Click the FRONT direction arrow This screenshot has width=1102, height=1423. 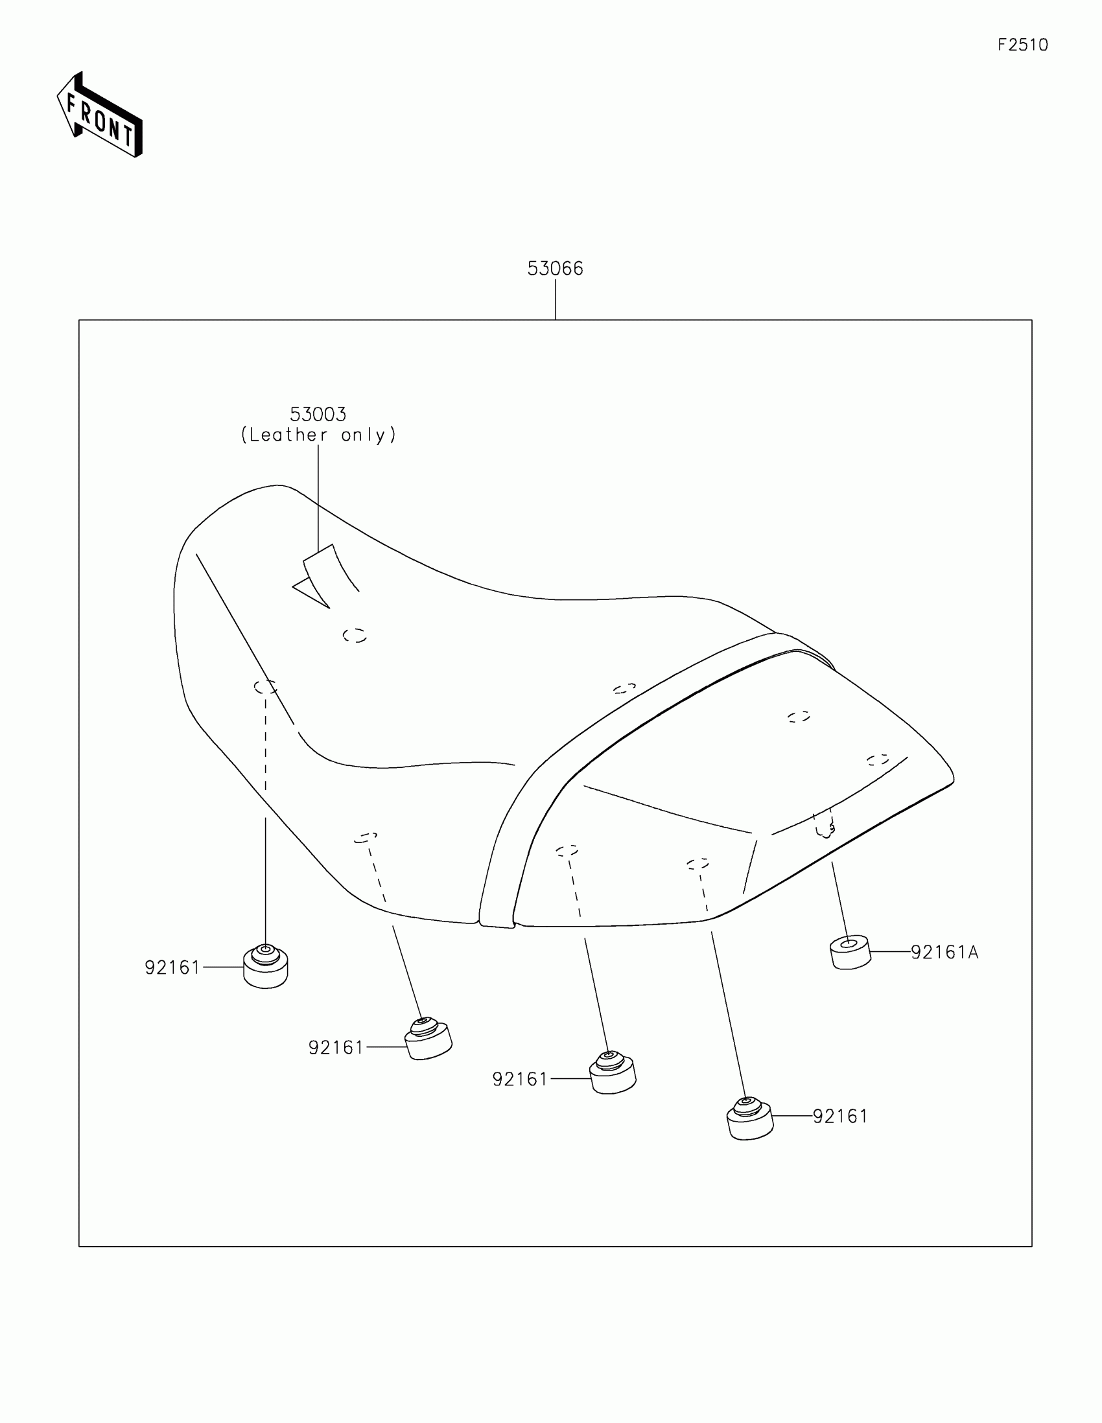(x=100, y=115)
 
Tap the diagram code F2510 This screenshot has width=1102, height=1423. (x=1022, y=45)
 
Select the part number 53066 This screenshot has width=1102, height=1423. (x=555, y=268)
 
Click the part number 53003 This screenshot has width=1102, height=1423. (x=318, y=414)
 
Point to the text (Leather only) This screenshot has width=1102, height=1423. (x=319, y=435)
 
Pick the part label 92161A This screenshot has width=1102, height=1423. (x=944, y=953)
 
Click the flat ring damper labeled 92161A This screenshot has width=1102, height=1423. (x=850, y=952)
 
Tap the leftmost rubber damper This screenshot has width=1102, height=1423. (x=265, y=967)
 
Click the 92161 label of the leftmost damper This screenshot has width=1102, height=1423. (x=172, y=967)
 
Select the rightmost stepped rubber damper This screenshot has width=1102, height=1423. (x=749, y=1118)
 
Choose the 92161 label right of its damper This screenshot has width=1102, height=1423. (x=840, y=1116)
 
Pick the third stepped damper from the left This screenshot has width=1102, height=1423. (x=612, y=1073)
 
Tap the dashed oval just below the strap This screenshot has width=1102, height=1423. (x=355, y=635)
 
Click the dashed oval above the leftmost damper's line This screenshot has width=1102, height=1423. (x=265, y=687)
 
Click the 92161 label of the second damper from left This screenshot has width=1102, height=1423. (x=336, y=1047)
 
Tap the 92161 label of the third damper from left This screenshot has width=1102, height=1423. (x=519, y=1079)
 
